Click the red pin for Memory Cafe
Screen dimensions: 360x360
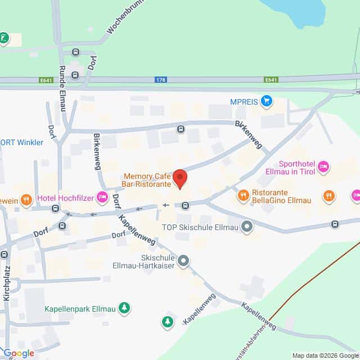(x=180, y=178)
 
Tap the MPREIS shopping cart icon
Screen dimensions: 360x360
(x=267, y=101)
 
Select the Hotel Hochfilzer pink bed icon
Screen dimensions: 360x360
(x=102, y=196)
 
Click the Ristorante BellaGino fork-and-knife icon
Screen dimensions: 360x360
(x=243, y=195)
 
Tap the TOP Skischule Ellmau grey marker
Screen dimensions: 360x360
(x=246, y=227)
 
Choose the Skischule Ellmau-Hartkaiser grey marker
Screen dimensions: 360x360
(x=183, y=260)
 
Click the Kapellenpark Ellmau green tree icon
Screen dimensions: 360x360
(x=124, y=308)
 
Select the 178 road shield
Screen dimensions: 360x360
(x=161, y=80)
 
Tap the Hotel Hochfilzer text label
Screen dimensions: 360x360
(x=65, y=197)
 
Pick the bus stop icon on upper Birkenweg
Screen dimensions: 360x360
(x=181, y=129)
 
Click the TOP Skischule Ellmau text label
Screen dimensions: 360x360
(x=201, y=227)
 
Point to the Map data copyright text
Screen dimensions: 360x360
(x=325, y=355)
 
